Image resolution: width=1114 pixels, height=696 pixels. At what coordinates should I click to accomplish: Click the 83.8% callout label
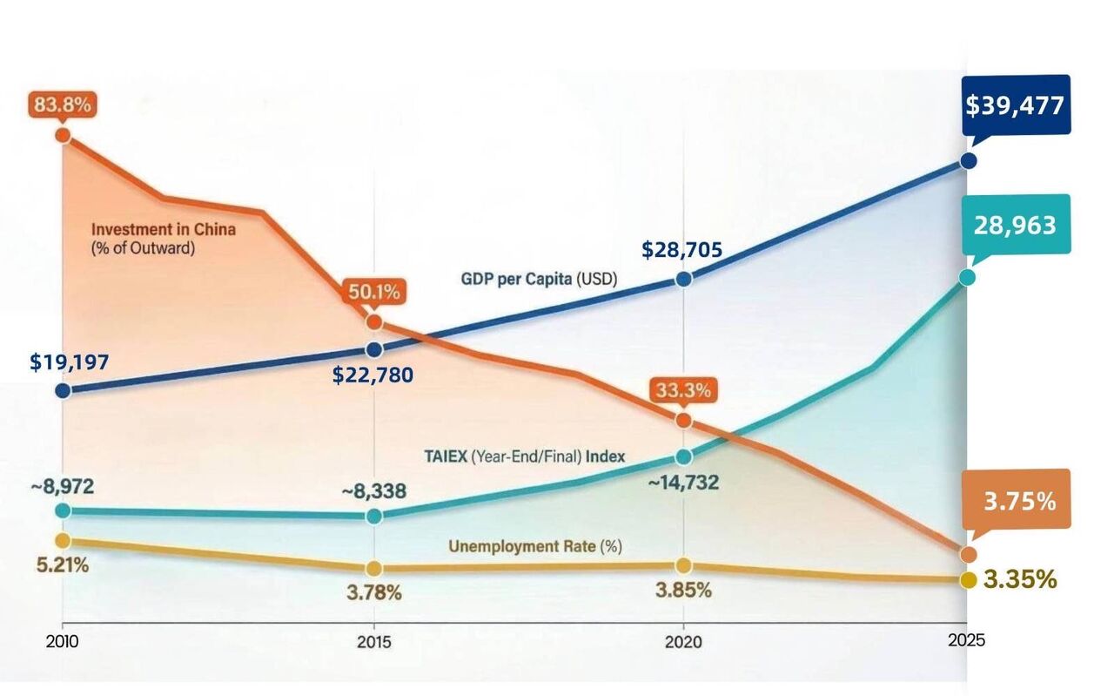(62, 105)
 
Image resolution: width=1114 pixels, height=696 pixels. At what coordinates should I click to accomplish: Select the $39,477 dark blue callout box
(1015, 105)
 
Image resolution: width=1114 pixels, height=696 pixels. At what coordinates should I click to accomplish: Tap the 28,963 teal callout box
(1015, 226)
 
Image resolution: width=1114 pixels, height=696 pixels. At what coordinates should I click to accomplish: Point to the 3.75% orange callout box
(1019, 502)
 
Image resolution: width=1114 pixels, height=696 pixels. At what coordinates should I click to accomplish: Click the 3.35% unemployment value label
(1020, 579)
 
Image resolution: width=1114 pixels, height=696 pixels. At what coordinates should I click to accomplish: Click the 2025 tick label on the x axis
(967, 640)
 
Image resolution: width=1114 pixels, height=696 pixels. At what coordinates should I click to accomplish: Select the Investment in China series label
(164, 230)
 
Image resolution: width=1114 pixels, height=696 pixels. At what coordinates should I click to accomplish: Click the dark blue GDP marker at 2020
(683, 279)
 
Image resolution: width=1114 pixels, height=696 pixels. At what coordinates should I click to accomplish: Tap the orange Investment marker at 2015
(374, 322)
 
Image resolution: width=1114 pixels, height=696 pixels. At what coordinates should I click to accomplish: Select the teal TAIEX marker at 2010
(63, 510)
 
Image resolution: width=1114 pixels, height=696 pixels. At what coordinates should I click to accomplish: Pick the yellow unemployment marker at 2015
(374, 568)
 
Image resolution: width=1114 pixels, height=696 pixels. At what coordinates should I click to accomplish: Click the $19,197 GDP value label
(70, 362)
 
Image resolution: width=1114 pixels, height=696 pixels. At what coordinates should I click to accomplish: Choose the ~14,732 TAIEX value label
(683, 482)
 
